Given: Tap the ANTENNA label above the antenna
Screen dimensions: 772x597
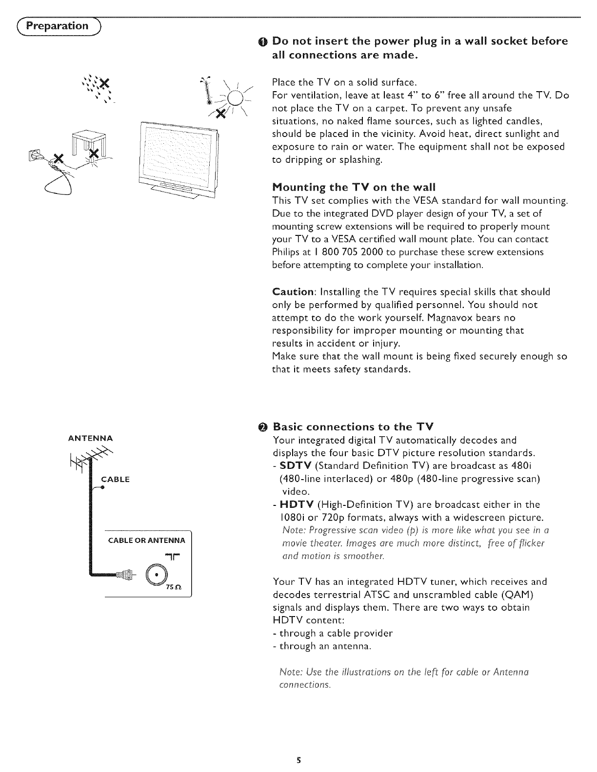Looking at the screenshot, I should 90,437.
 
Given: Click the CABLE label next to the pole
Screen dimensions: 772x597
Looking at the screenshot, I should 115,479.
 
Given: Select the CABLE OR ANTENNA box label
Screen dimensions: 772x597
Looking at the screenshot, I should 146,540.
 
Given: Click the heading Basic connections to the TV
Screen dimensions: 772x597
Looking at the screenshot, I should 353,426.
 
